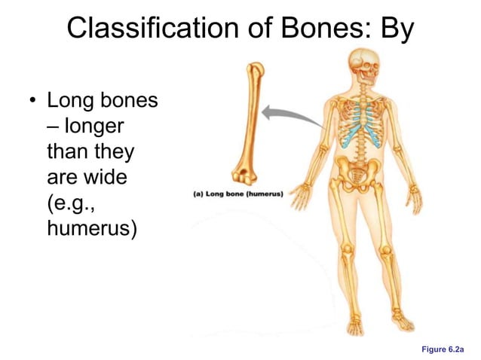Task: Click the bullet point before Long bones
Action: [32, 100]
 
